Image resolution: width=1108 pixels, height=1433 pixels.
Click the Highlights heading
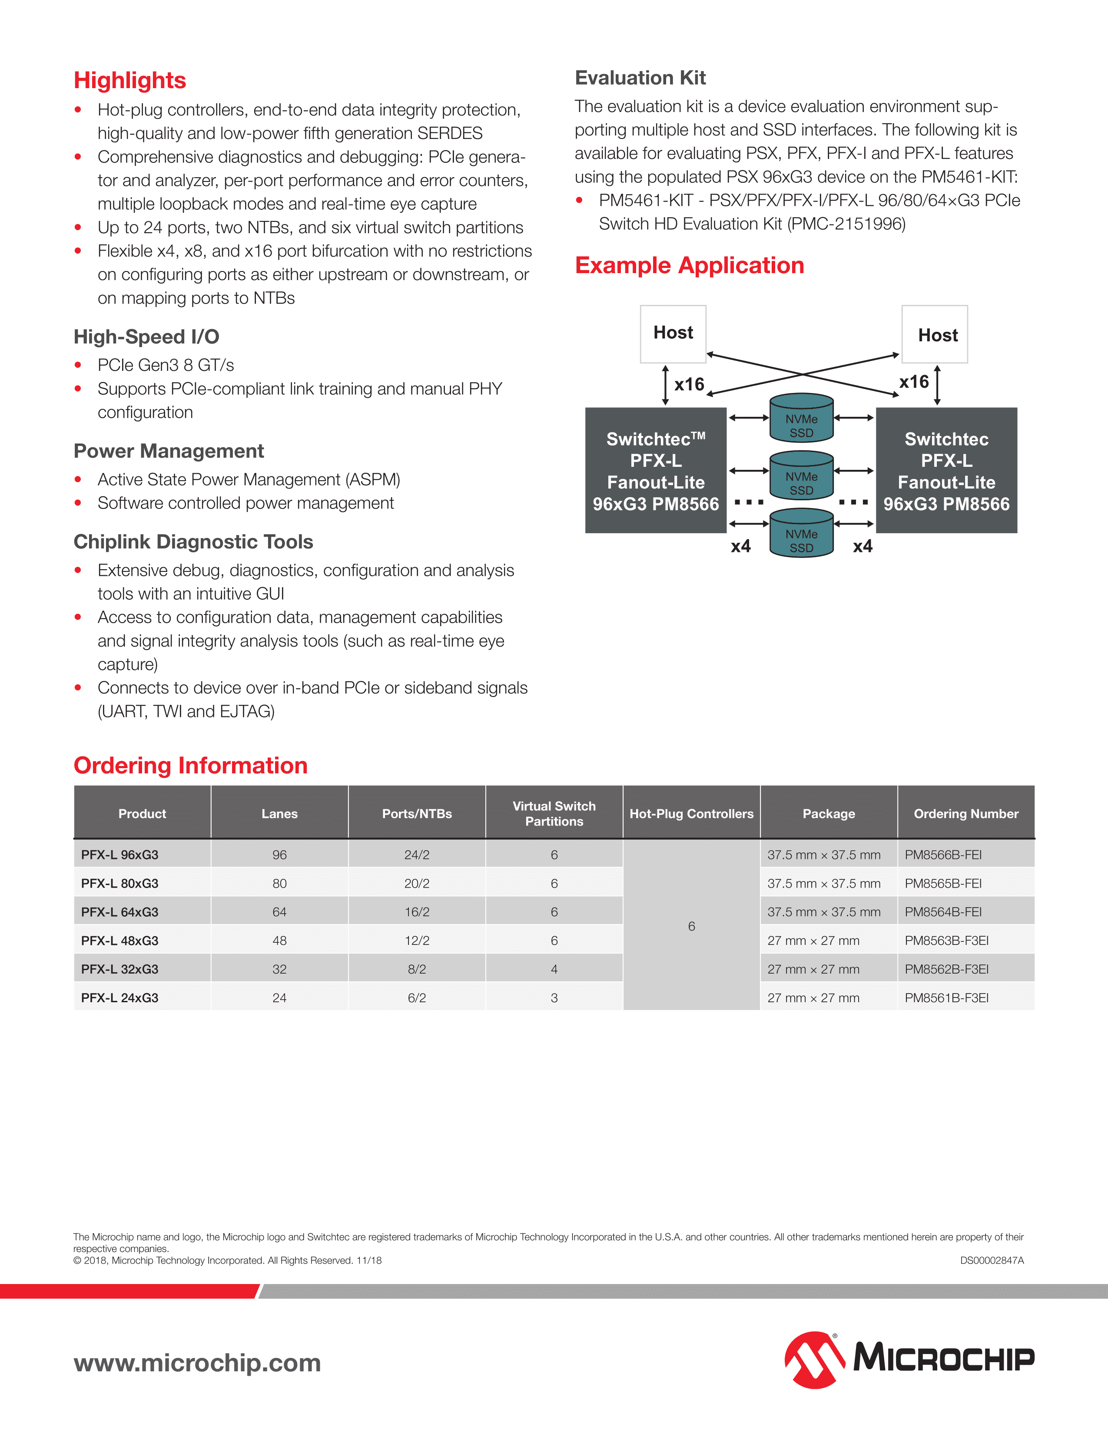pyautogui.click(x=130, y=80)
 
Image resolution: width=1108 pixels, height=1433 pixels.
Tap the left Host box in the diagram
pyautogui.click(x=673, y=333)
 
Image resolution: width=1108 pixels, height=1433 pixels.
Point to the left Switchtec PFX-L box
pyautogui.click(x=656, y=470)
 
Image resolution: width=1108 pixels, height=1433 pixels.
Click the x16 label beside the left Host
pyautogui.click(x=689, y=384)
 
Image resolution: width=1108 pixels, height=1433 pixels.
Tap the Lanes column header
pyautogui.click(x=280, y=814)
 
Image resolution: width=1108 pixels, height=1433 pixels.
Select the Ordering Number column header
pyautogui.click(x=965, y=814)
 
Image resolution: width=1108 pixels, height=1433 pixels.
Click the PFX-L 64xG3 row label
pyautogui.click(x=119, y=912)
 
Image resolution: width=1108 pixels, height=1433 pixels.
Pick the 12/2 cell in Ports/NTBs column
pyautogui.click(x=417, y=940)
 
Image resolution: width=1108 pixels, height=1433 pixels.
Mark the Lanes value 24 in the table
pyautogui.click(x=280, y=997)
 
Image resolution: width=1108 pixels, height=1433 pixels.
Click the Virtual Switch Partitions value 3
pyautogui.click(x=554, y=997)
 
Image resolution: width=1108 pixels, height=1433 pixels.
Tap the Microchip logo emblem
pyautogui.click(x=814, y=1360)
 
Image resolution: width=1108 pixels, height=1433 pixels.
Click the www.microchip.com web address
pyautogui.click(x=197, y=1363)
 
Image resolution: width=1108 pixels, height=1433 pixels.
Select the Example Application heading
pyautogui.click(x=689, y=265)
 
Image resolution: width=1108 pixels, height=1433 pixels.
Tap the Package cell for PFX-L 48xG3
pyautogui.click(x=813, y=940)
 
